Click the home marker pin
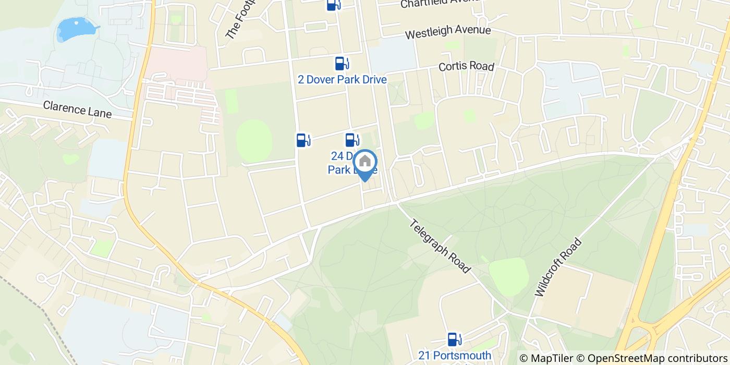coord(365,162)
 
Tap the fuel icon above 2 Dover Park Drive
coord(342,64)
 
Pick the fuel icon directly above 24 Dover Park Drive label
coord(352,140)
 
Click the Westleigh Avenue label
coord(448,32)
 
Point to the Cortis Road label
coord(466,67)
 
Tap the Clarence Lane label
coord(77,109)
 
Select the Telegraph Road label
coord(440,246)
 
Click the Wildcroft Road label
coord(558,267)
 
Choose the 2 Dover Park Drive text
coord(342,80)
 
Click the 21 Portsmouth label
coord(454,356)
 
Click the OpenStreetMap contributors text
coord(652,358)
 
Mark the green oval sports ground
coord(254,140)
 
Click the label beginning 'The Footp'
coord(239,20)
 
